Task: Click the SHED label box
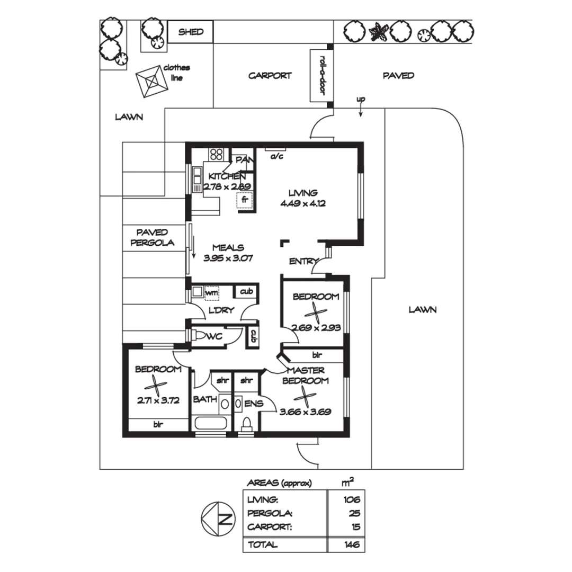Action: (191, 32)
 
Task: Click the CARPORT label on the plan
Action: (270, 76)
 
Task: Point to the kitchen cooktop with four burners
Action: (217, 154)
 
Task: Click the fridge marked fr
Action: (245, 201)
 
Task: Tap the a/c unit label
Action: (276, 157)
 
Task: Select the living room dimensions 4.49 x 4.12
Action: (302, 203)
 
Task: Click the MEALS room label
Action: (228, 247)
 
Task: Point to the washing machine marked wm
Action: (211, 292)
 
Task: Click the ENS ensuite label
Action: (254, 404)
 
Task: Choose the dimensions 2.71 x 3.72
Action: (157, 401)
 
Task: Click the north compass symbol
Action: (218, 517)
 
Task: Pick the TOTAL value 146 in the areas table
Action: (351, 544)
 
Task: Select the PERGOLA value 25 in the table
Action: (354, 513)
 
